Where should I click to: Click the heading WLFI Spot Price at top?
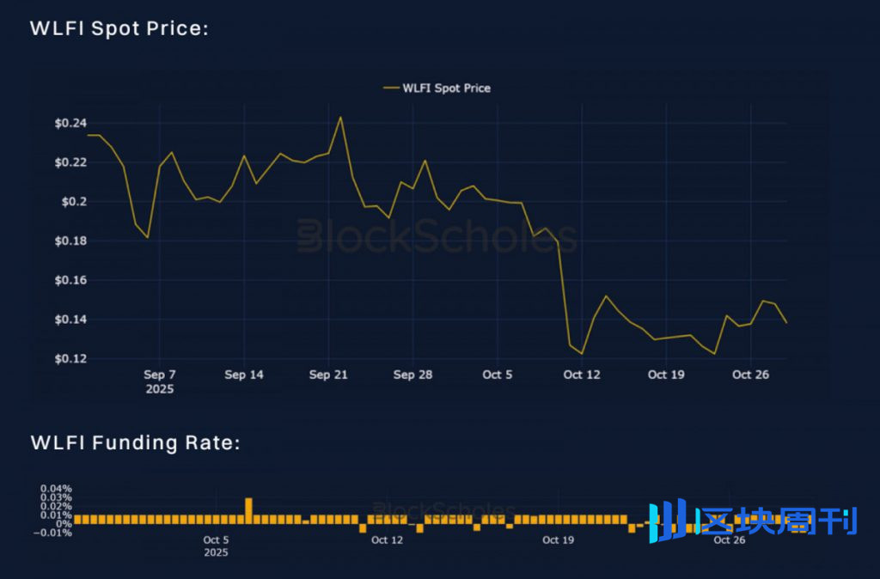119,28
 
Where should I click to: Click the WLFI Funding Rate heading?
135,443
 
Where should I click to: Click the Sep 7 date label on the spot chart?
160,375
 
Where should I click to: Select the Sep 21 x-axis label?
327,375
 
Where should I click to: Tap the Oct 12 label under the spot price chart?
582,375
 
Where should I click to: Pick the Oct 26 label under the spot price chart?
750,375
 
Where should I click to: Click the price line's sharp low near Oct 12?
582,353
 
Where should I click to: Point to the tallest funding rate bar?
248,509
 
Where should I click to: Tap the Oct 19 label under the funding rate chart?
558,540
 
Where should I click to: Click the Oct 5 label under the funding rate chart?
216,540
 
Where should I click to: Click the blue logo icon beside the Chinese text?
667,521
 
